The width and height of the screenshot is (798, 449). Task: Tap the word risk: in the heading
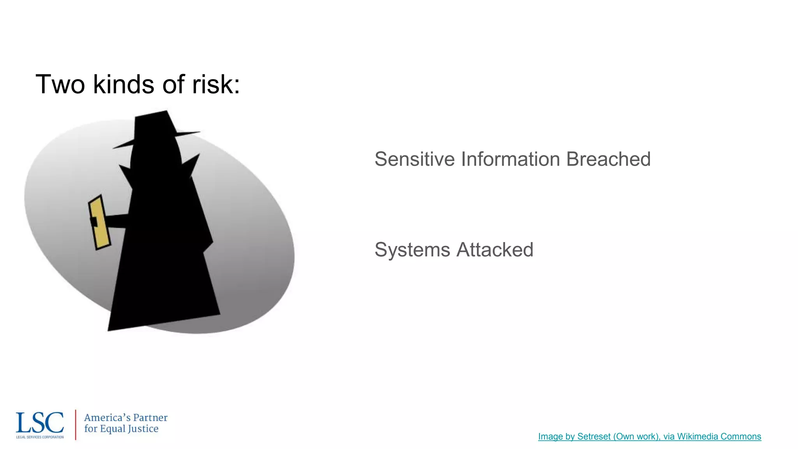point(216,85)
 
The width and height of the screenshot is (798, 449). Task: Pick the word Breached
point(608,159)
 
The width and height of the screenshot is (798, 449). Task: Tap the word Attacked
point(495,250)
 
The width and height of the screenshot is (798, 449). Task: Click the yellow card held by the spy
point(100,223)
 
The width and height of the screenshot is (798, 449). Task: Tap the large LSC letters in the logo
point(40,423)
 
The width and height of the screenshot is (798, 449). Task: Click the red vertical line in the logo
point(75,424)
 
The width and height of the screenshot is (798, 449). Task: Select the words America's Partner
point(125,418)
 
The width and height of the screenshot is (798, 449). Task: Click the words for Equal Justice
point(121,429)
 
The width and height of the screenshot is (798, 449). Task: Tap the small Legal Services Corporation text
point(40,437)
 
